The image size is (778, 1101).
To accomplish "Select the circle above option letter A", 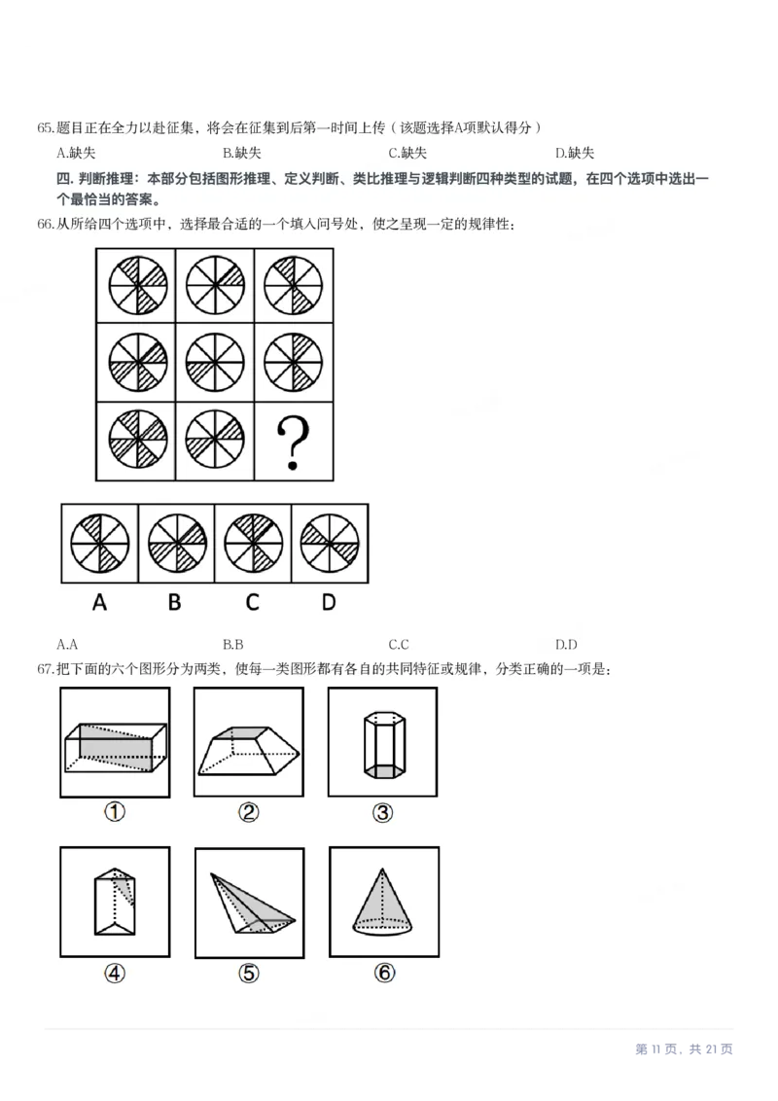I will pos(99,542).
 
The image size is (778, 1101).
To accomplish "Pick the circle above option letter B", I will pos(176,542).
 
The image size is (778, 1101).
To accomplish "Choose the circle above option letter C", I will pos(253,542).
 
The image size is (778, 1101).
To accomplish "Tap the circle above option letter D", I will pos(330,542).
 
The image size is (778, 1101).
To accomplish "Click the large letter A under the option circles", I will pos(99,602).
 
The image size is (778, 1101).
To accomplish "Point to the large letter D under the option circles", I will pos(329,602).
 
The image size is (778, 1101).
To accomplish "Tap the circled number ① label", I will pos(115,812).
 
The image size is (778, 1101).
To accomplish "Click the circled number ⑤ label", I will pos(249,973).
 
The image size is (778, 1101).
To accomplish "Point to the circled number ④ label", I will pos(115,973).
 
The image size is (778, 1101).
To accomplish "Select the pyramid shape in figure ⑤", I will pos(251,903).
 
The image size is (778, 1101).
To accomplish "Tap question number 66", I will pos(46,225).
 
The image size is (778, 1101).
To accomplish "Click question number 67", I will pos(46,669).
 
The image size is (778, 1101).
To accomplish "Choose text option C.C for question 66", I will pos(398,644).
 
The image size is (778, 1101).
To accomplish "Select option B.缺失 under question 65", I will pos(241,153).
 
